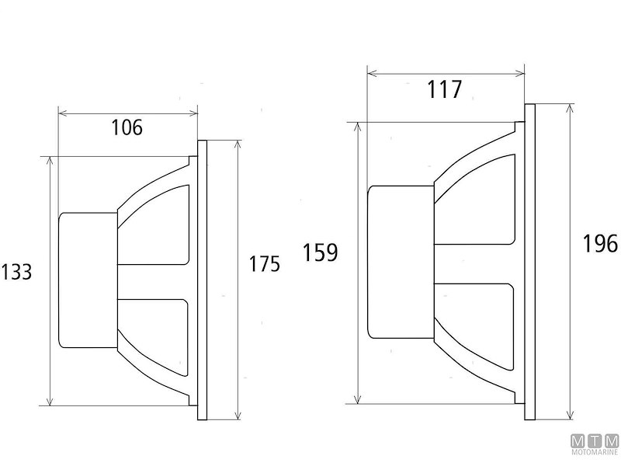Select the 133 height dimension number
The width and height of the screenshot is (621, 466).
coord(16,272)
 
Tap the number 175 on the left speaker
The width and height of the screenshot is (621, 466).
coord(264,264)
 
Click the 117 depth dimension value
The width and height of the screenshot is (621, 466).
coord(445,90)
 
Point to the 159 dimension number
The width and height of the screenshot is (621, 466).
coord(321,253)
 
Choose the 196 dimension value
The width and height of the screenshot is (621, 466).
coord(600,243)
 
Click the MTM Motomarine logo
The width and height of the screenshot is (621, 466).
coord(595,444)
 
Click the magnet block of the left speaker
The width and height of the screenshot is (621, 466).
coord(88,280)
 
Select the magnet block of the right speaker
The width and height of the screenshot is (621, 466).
coord(401,261)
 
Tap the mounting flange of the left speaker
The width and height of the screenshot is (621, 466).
coord(203,280)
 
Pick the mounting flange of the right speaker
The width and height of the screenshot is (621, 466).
coord(529,261)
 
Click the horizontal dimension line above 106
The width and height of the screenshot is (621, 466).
coord(128,111)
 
